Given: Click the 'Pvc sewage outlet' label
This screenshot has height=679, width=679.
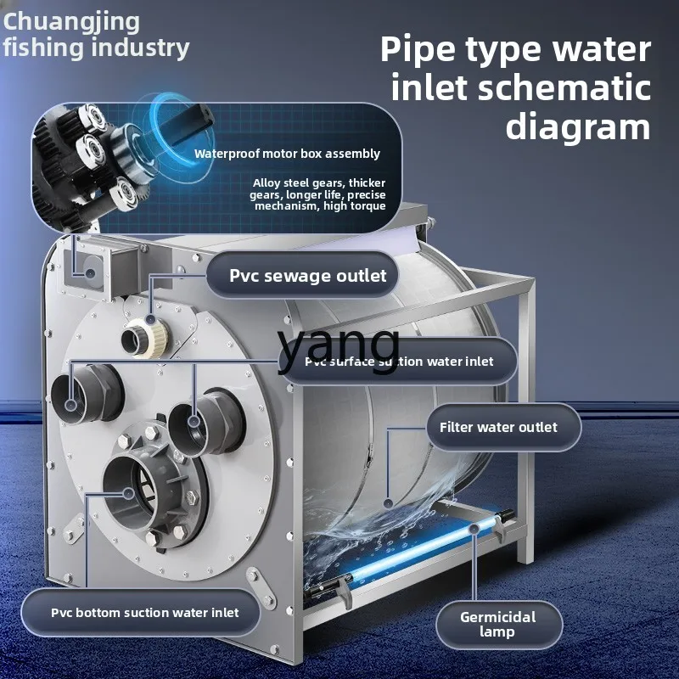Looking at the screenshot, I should point(308,275).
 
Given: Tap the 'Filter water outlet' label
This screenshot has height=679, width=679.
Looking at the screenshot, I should point(498,426).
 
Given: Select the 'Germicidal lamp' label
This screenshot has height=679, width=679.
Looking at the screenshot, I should point(499,624).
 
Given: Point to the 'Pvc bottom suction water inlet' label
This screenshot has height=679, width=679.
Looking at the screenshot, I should point(144,612).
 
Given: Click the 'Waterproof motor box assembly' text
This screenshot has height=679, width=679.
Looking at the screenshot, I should point(287,154).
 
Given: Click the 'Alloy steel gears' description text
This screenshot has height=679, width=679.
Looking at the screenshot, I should point(318,194).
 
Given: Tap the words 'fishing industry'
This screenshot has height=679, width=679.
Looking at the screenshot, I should point(95,48).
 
